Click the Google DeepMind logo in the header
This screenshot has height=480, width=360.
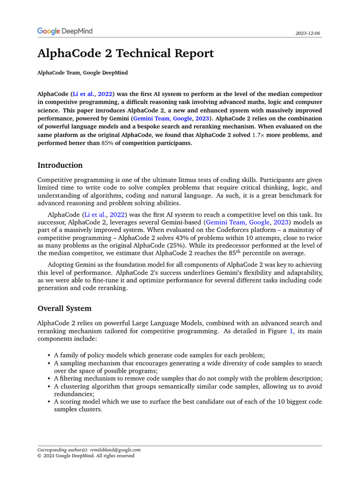point(65,31)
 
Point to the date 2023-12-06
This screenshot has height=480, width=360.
point(308,34)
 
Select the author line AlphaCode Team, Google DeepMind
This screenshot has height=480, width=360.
point(82,73)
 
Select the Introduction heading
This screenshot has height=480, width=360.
point(60,165)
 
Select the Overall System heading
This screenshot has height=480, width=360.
point(65,308)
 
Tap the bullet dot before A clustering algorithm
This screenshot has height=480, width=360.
point(50,386)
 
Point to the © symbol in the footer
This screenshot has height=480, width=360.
point(40,456)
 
